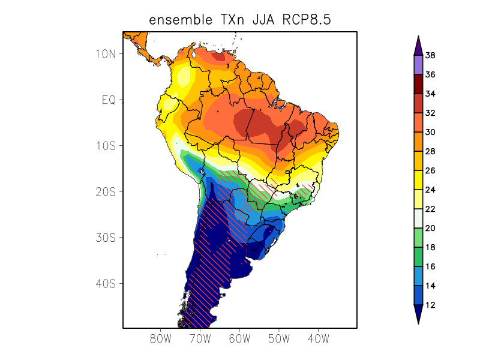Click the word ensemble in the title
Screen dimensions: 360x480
coord(178,20)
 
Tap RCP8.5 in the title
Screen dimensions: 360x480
coord(308,20)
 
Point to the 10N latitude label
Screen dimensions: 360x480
coord(106,53)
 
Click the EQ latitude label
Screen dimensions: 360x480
coord(108,100)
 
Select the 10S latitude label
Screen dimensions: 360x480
coord(106,146)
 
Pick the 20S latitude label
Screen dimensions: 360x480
coord(106,191)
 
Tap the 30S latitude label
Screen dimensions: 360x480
coord(106,238)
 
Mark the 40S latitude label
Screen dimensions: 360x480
coord(106,283)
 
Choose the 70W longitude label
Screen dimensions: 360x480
coord(200,338)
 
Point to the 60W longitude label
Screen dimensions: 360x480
coord(239,338)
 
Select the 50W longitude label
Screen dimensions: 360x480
coord(279,338)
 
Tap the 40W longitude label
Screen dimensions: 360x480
coord(318,338)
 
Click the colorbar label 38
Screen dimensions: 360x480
coord(430,56)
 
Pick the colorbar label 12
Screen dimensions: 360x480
coord(430,305)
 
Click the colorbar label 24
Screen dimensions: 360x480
coord(430,190)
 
